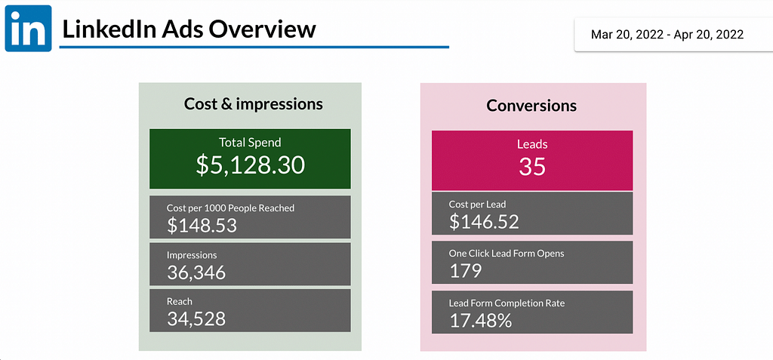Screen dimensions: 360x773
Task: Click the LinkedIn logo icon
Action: coord(28,28)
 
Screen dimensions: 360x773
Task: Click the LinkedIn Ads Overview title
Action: coord(189,29)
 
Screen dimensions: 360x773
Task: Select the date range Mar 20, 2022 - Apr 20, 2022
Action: coord(667,34)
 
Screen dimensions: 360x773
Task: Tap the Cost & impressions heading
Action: coord(253,104)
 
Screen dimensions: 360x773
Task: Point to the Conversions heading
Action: coord(531,106)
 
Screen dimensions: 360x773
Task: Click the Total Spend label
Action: coord(250,142)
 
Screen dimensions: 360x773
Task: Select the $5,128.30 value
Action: coord(250,165)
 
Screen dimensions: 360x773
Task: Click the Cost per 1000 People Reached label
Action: coord(230,208)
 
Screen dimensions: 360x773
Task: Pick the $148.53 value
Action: coord(202,225)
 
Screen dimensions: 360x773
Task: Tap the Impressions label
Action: coord(192,255)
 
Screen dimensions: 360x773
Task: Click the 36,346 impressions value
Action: coord(196,272)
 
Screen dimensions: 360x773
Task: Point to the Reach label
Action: coord(180,301)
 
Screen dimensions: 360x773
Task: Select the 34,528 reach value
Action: coord(196,318)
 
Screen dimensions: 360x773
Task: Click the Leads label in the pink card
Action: coord(532,143)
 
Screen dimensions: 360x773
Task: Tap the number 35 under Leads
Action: coord(532,166)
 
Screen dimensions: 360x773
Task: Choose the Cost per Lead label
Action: coord(477,205)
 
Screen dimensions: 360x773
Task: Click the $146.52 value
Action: coord(484,221)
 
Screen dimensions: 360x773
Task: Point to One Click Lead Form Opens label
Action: coord(506,254)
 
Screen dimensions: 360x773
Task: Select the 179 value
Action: coord(465,270)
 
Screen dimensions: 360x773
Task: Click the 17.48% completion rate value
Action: coord(480,320)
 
